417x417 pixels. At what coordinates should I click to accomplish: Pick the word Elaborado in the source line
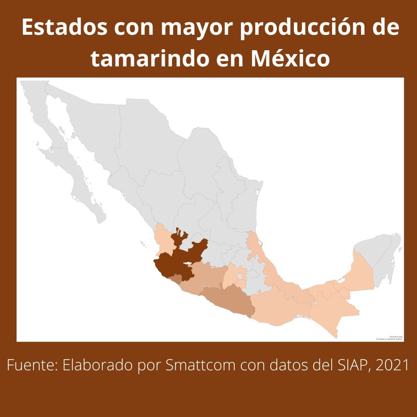[x=97, y=365]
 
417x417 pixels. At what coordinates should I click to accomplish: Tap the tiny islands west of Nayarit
[x=143, y=243]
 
